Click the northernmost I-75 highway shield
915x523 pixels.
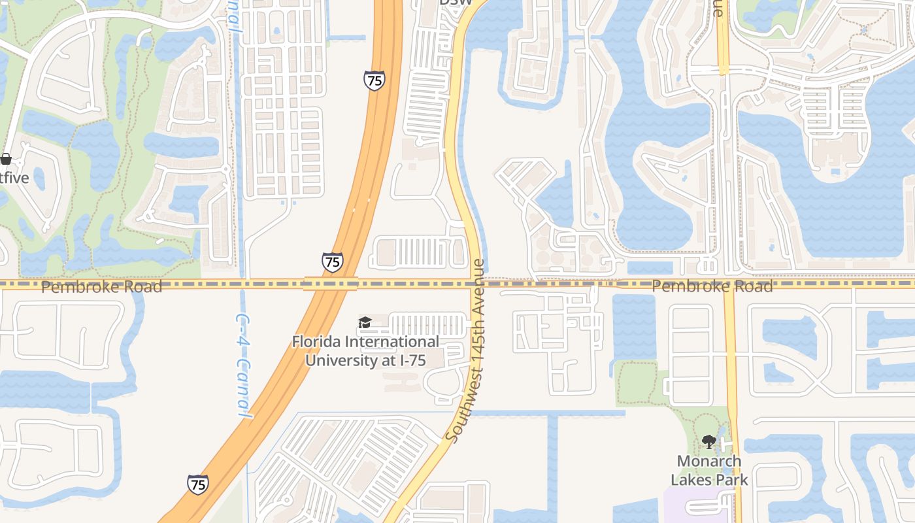[x=374, y=81]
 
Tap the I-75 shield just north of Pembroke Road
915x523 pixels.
[x=332, y=263]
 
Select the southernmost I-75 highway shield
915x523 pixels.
[x=198, y=484]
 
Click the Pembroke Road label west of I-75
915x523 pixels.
[x=101, y=286]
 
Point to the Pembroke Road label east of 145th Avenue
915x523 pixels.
[x=712, y=286]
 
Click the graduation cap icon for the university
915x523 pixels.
[x=365, y=322]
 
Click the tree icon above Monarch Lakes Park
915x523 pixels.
[x=708, y=443]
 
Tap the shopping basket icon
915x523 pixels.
[x=6, y=159]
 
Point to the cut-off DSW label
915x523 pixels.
[x=455, y=3]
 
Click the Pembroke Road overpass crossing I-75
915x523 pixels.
[x=331, y=284]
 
